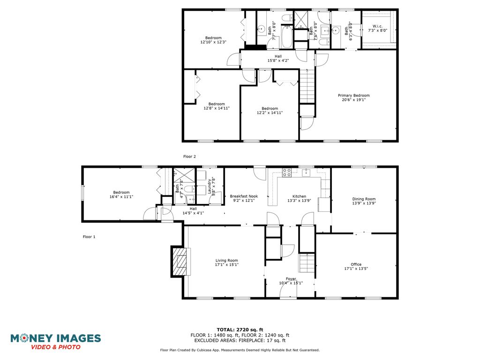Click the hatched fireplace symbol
click(x=180, y=261)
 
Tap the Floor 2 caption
click(x=189, y=157)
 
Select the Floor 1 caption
click(x=89, y=237)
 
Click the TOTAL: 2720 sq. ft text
click(x=240, y=330)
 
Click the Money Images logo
click(x=55, y=342)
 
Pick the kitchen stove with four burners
click(x=287, y=172)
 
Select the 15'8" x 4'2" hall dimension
click(x=278, y=60)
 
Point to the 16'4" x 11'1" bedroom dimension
click(x=121, y=196)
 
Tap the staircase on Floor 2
click(x=307, y=86)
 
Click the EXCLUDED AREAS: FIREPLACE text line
click(x=240, y=340)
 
